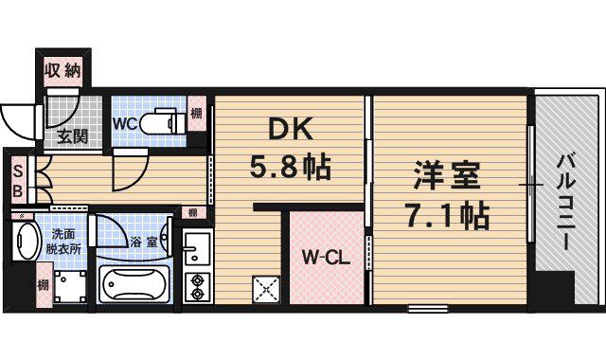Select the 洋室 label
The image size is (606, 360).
pos(446,176)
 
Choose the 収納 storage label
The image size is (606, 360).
pos(63,70)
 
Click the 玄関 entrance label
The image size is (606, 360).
pos(72,136)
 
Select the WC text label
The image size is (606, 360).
pos(127,122)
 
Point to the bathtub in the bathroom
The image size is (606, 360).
pos(137,283)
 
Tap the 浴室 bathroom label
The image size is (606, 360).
pos(145,242)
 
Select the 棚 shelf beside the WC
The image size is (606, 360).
pos(195,117)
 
